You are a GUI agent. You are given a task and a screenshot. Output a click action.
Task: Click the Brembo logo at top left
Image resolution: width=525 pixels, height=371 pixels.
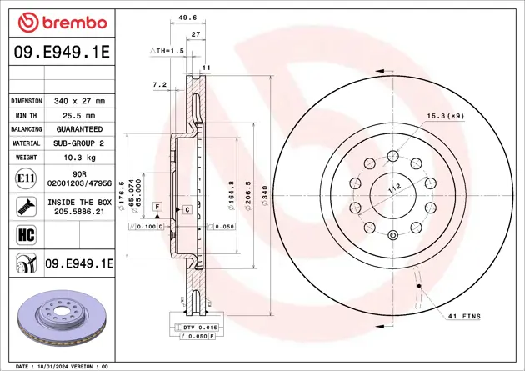point(62,23)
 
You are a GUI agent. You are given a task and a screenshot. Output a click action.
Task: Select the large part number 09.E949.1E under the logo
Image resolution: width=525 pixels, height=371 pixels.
point(62,52)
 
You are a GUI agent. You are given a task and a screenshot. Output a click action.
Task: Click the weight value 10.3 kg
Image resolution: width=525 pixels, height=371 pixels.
point(79,158)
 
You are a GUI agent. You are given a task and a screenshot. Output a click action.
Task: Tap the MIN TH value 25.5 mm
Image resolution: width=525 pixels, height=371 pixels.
point(79,116)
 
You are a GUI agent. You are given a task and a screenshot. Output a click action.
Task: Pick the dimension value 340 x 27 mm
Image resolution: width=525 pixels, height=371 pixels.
point(79,101)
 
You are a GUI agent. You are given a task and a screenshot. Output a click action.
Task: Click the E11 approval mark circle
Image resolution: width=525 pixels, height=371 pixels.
point(26,178)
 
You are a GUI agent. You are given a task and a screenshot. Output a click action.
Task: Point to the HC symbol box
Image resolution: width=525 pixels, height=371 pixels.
point(26,235)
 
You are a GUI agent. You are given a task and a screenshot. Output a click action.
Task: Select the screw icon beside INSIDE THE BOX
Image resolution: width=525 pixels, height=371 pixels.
point(26,206)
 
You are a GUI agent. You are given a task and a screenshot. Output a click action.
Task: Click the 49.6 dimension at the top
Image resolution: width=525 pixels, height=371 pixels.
point(187,18)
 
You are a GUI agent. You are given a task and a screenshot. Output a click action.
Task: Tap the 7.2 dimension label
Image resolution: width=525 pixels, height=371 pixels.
point(160,85)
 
